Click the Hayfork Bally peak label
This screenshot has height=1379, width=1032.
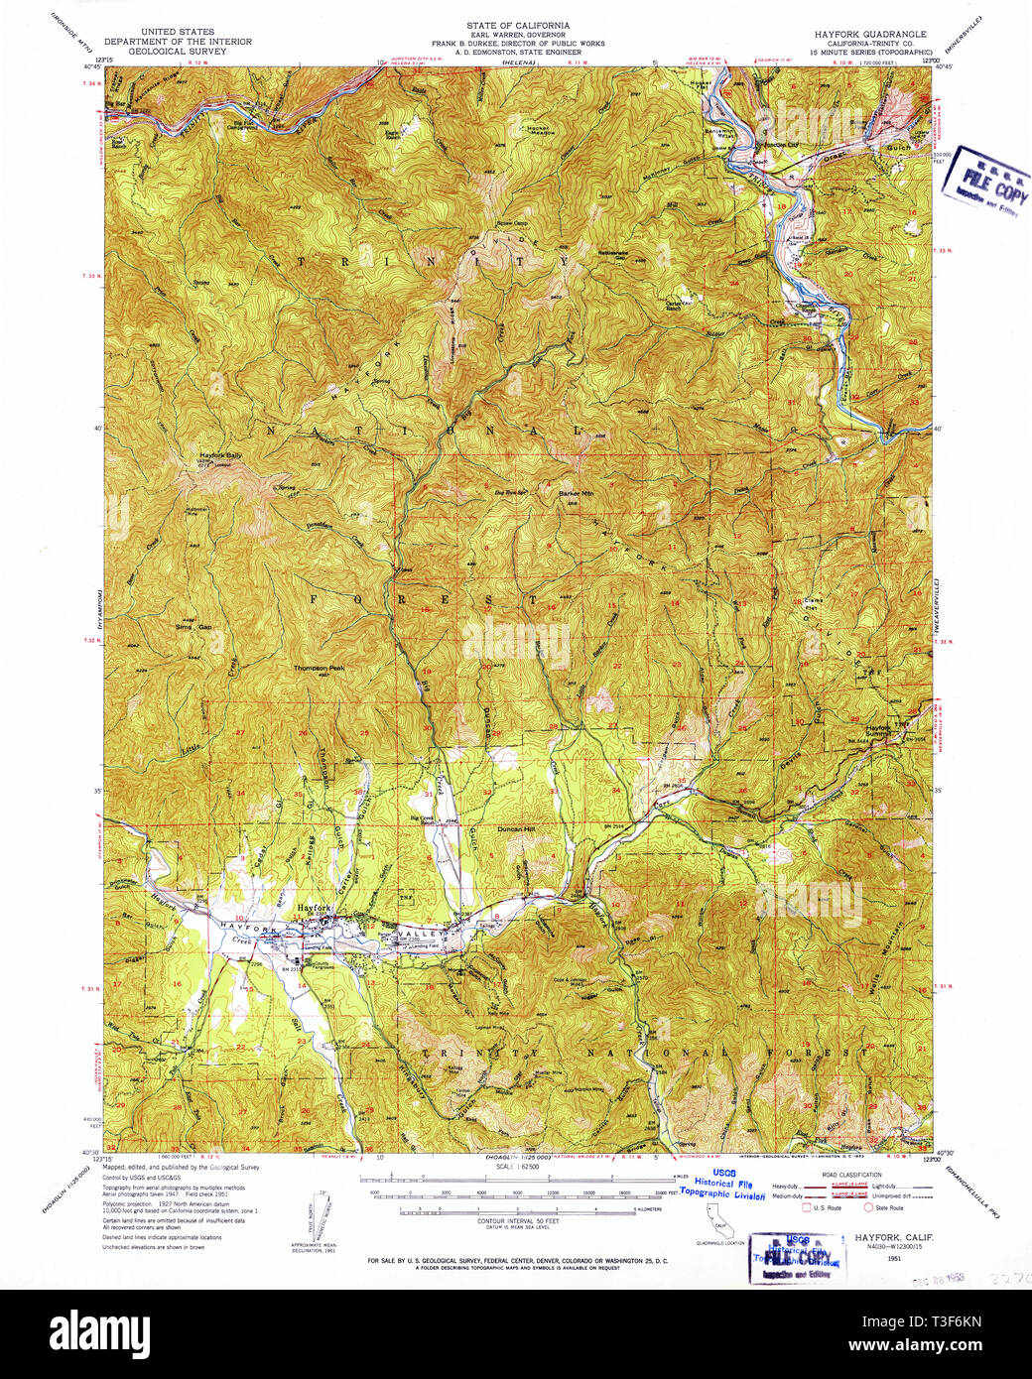[220, 455]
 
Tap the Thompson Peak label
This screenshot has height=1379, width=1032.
[319, 668]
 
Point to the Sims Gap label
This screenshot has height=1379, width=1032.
[193, 627]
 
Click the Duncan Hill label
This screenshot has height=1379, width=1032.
[516, 827]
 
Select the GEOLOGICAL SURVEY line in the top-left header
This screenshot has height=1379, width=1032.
[178, 51]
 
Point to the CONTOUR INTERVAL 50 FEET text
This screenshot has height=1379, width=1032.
[517, 1219]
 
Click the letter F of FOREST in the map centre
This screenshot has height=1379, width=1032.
[319, 599]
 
